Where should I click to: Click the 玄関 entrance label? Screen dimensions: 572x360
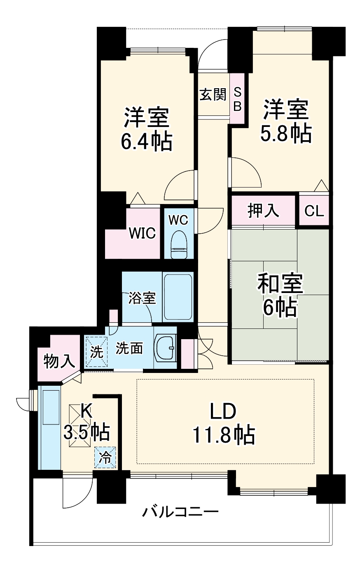point(213,95)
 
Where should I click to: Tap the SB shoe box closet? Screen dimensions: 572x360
point(238,99)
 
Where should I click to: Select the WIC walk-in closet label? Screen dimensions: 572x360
point(142,233)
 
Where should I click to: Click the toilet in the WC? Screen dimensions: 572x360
point(179,246)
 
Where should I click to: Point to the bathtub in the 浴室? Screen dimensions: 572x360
point(178,296)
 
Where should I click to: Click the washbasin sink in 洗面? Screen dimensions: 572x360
point(166,348)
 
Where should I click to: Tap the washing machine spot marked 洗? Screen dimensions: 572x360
point(96,352)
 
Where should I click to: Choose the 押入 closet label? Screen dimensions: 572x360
point(263,211)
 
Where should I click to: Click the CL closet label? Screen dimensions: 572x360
point(314,211)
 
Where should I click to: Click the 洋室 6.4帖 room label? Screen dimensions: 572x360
point(146,129)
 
